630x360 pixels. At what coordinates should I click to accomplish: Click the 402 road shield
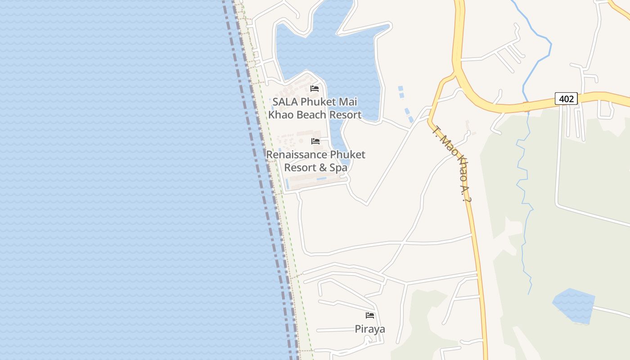(566, 99)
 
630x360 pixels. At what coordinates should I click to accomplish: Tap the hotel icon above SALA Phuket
(315, 89)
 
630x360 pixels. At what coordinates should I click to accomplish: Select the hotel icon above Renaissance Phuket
(315, 141)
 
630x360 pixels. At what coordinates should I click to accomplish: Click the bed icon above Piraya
(370, 315)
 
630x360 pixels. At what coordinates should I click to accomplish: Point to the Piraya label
(370, 329)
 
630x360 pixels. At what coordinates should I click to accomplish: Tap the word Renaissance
(297, 155)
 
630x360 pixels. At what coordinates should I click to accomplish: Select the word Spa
(338, 168)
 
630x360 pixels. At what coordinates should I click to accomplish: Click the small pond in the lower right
(574, 306)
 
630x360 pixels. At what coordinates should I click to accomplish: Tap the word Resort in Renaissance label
(300, 168)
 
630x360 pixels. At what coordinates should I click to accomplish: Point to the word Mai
(347, 102)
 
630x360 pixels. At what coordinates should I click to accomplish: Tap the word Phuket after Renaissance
(348, 155)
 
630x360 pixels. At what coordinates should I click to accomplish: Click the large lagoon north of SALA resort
(333, 49)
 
